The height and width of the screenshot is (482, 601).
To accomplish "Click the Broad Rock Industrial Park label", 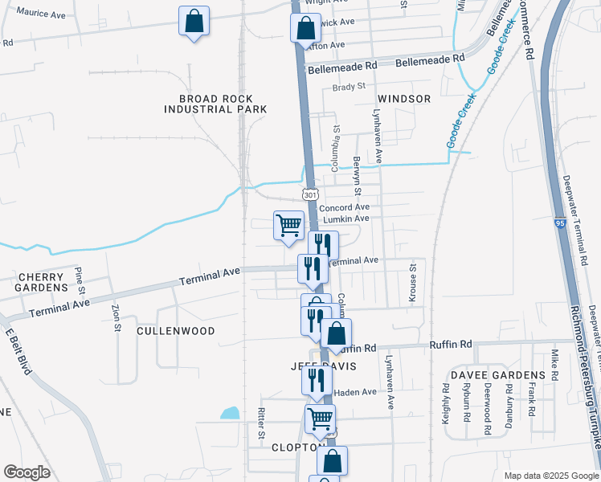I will click(216, 104).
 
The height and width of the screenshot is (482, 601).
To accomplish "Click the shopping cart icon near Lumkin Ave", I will click(288, 226).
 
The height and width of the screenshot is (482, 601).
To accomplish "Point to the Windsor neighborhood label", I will click(403, 99).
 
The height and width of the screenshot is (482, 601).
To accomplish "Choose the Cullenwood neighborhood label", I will click(175, 331).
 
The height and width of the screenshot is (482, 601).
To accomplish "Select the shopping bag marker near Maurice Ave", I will click(194, 22).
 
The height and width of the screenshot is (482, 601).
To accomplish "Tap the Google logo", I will click(27, 472).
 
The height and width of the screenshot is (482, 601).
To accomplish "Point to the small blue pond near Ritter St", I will click(230, 414).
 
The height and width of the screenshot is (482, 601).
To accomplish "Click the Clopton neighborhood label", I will click(297, 447).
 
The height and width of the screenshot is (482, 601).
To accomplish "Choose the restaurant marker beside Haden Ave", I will click(317, 379).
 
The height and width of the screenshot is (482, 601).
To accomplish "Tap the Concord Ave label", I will click(344, 207).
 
